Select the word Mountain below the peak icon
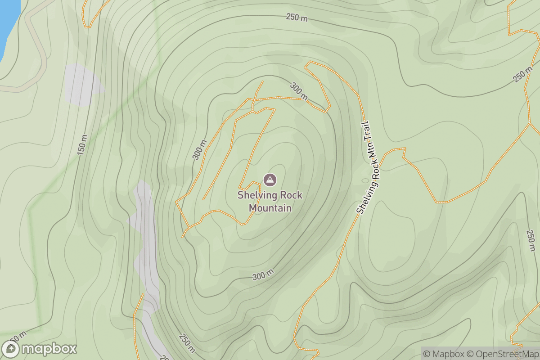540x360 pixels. click(x=270, y=208)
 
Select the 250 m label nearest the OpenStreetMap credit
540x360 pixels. click(x=531, y=243)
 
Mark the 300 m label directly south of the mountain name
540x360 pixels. click(x=263, y=275)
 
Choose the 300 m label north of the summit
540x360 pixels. click(x=299, y=91)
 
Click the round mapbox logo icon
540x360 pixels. click(x=10, y=349)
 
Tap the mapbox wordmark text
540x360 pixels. click(x=49, y=349)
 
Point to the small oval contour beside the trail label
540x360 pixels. click(x=364, y=181)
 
